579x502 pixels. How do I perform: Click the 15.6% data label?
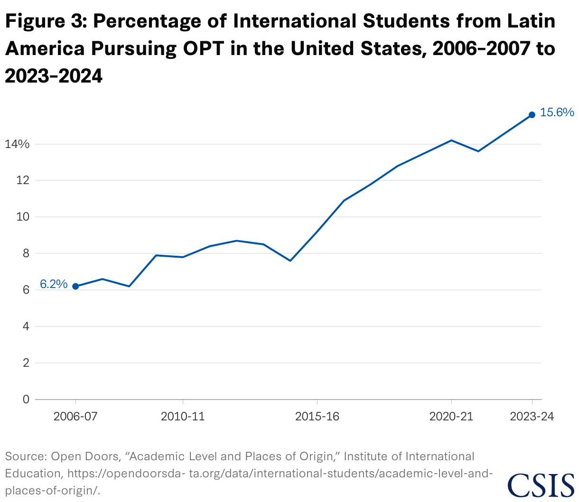(x=557, y=112)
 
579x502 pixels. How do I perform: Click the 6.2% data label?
(x=54, y=284)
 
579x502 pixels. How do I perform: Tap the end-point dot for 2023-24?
(x=532, y=115)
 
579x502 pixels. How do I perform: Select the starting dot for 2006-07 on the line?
(x=75, y=286)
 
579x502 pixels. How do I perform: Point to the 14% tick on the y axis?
(x=17, y=144)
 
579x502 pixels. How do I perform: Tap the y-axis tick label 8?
(x=26, y=253)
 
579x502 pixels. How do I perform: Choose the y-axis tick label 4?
(x=26, y=326)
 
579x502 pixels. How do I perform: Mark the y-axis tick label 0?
(x=26, y=400)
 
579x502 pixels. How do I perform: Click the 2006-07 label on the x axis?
(x=75, y=417)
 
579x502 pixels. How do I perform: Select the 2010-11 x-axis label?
(x=183, y=417)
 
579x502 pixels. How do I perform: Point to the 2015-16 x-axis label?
(x=317, y=417)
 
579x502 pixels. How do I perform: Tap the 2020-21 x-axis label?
(x=451, y=417)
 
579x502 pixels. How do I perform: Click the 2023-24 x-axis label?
(x=532, y=417)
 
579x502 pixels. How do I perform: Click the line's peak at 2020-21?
(x=451, y=140)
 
